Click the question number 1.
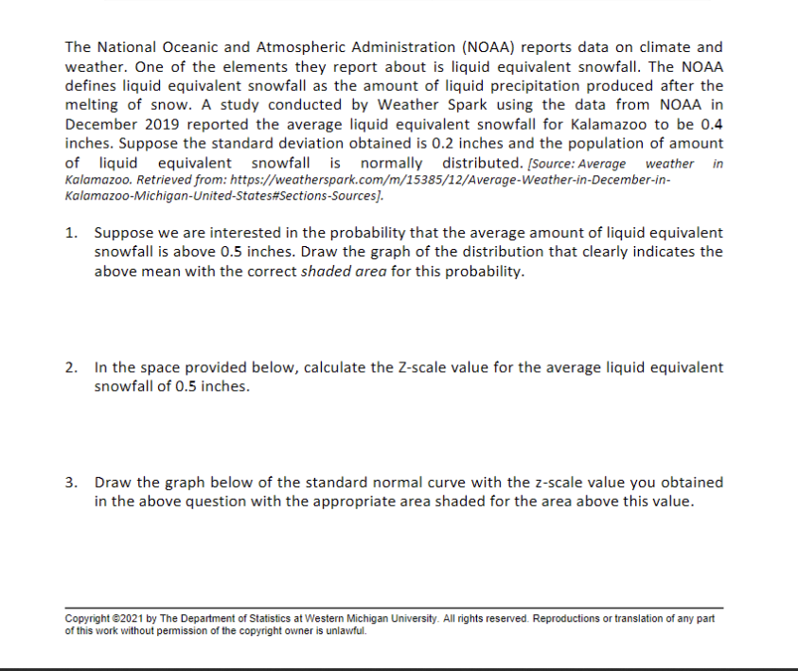point(71,233)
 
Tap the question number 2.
point(71,367)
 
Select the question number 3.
point(71,483)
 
